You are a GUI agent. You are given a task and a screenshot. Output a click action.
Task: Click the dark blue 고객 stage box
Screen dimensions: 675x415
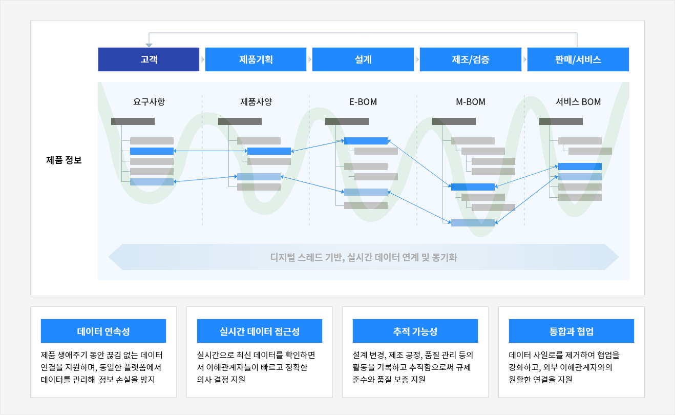(x=149, y=59)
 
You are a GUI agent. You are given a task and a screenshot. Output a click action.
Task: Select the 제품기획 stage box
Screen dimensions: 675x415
(x=256, y=59)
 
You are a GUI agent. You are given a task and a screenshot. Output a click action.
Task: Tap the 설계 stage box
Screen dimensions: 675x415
(x=363, y=59)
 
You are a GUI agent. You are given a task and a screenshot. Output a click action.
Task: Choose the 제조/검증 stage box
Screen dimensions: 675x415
(x=470, y=59)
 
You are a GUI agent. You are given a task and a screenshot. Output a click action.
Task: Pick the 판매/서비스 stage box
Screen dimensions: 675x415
(x=578, y=59)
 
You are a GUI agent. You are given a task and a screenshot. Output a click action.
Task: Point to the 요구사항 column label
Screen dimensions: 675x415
(x=149, y=101)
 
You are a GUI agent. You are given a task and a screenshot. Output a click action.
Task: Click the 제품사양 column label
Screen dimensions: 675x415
(x=256, y=101)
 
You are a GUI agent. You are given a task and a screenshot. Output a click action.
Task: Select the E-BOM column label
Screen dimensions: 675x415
(x=363, y=102)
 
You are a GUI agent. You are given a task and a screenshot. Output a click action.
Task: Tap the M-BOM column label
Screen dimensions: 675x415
(x=470, y=102)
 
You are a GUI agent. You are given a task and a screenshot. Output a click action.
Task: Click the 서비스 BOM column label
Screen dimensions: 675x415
(x=578, y=102)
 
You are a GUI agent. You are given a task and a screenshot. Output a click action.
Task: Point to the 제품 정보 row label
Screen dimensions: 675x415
(x=64, y=160)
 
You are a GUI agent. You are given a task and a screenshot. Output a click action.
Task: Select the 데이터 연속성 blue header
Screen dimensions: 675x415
(x=103, y=331)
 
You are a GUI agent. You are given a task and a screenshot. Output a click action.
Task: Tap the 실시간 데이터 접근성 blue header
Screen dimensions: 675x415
(x=260, y=331)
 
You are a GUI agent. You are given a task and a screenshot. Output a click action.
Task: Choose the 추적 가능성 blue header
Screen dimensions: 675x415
(x=415, y=331)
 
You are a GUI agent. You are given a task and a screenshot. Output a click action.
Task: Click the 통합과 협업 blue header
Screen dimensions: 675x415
(x=572, y=331)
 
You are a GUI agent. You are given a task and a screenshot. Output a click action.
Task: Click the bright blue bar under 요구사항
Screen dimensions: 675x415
(x=152, y=151)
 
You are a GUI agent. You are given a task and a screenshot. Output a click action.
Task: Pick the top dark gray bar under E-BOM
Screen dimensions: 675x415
(x=347, y=121)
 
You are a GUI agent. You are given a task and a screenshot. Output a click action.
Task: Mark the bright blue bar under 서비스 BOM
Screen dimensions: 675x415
(x=580, y=167)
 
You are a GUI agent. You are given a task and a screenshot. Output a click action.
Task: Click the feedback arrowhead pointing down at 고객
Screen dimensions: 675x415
(x=149, y=45)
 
